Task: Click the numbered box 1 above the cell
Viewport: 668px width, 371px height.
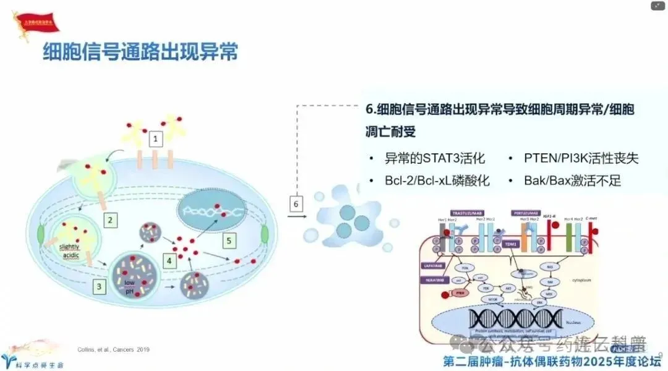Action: (156, 137)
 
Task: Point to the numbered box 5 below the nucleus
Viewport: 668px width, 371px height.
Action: (229, 240)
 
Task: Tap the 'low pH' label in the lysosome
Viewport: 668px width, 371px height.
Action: (129, 286)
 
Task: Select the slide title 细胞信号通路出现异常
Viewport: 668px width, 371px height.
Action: (140, 53)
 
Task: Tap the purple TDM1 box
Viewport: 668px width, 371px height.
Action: (510, 244)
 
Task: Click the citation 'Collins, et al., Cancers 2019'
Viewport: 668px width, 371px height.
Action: (114, 350)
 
